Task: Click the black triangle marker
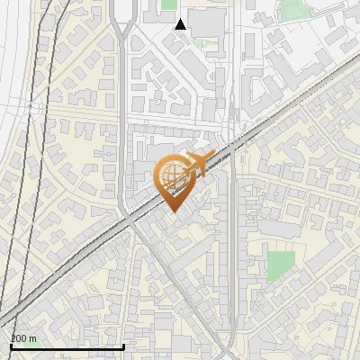[181, 24]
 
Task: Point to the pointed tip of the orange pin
[172, 210]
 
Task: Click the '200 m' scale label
[23, 338]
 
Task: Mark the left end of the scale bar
[11, 346]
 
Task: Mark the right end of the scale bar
[123, 346]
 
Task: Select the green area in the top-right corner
[292, 10]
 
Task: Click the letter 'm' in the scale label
[33, 339]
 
